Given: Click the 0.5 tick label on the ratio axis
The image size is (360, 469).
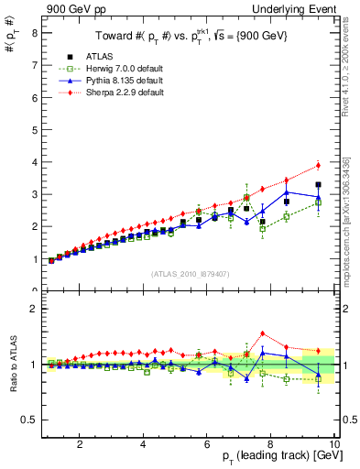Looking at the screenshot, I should click(30, 420).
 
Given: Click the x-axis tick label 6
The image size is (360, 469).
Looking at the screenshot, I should click(207, 445).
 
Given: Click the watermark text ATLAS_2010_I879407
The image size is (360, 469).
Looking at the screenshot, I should click(190, 272).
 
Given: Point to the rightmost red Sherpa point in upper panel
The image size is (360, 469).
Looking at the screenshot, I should click(318, 165).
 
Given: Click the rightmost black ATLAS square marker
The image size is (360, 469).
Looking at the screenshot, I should click(318, 185).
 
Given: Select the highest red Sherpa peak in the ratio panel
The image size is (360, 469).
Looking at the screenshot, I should click(263, 333).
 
